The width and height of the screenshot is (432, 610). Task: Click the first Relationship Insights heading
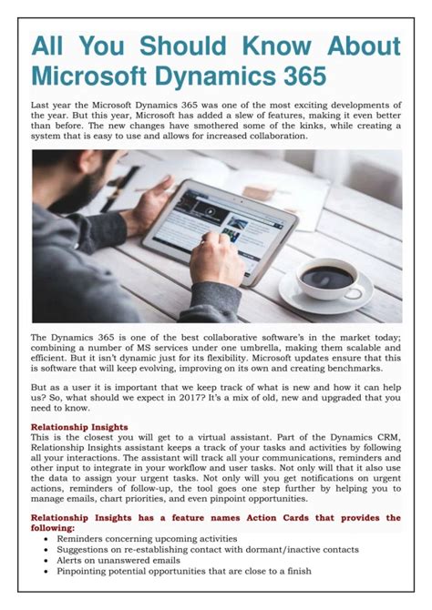pos(79,426)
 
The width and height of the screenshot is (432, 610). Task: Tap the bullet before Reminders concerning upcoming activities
pos(47,538)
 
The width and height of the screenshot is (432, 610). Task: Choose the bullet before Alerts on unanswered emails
pos(47,560)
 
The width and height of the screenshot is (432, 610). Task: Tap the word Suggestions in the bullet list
pos(88,549)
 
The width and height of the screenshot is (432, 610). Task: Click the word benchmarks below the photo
pos(370,369)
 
